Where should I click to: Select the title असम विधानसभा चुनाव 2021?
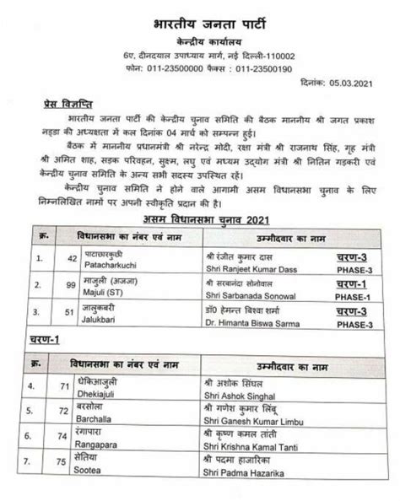[200, 219]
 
